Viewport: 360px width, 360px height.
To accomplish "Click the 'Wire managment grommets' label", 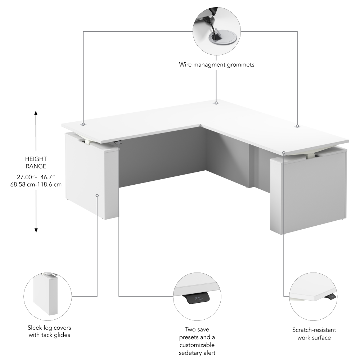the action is [216, 65].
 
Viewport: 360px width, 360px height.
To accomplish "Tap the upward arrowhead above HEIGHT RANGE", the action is [36, 113].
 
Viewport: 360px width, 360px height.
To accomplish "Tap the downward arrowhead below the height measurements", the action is [36, 230].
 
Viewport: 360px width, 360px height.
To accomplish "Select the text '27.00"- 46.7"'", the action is [36, 177].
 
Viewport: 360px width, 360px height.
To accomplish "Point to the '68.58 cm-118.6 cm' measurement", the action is [36, 184].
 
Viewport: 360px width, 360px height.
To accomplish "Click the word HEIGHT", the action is [36, 159].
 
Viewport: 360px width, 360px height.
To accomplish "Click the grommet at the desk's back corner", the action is [216, 103].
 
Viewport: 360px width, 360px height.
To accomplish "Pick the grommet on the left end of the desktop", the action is [84, 124].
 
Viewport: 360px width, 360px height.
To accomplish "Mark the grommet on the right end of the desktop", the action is [297, 126].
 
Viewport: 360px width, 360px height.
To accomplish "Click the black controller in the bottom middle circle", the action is [198, 298].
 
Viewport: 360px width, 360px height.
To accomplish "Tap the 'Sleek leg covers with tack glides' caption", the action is [49, 331].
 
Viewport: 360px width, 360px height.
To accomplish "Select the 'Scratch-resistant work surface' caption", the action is [314, 334].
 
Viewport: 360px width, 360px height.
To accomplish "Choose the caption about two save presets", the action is [197, 341].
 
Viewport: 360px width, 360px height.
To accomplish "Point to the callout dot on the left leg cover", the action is [97, 195].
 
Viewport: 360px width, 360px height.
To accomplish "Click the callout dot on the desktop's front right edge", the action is [284, 153].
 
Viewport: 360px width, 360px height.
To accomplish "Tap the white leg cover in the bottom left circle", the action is [45, 295].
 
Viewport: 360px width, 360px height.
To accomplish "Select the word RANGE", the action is [36, 166].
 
